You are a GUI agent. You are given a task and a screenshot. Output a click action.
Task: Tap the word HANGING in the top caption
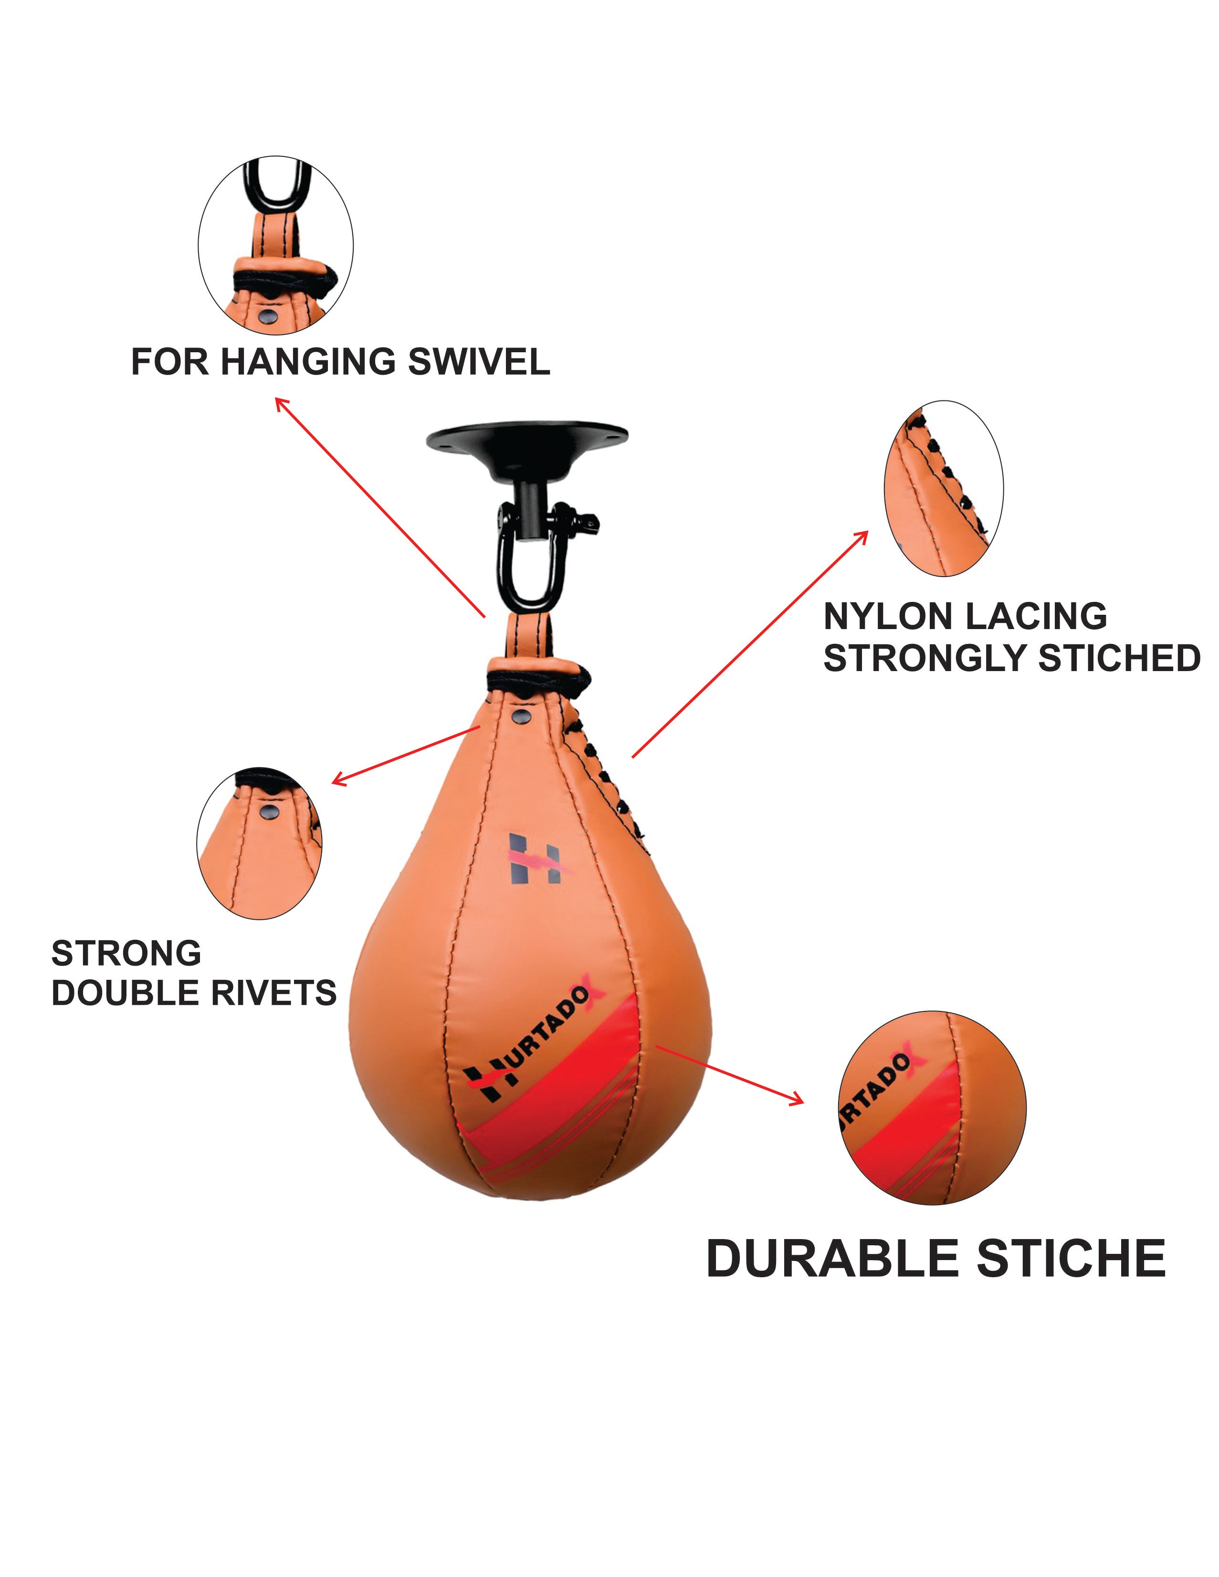point(308,362)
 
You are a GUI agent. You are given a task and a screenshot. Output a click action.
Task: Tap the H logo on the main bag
point(535,859)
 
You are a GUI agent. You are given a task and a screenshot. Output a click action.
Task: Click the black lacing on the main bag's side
point(603,776)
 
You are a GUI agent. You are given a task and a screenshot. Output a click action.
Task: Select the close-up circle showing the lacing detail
point(943,488)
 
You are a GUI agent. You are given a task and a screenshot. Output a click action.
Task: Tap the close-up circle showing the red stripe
point(932,1108)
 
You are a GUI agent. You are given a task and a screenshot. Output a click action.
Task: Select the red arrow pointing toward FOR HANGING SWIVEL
point(379,506)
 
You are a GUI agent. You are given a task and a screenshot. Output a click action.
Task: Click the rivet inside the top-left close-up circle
point(269,315)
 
